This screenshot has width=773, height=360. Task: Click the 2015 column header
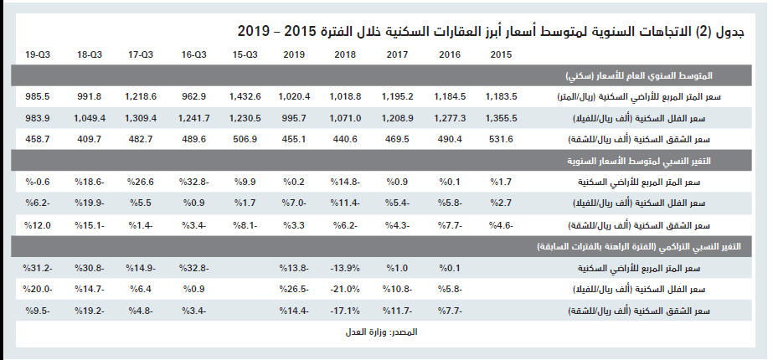501,54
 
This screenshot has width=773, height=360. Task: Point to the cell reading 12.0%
39,225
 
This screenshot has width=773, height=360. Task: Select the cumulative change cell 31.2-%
39,269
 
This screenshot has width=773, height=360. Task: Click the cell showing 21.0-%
345,290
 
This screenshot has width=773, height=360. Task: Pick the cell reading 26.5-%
295,290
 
